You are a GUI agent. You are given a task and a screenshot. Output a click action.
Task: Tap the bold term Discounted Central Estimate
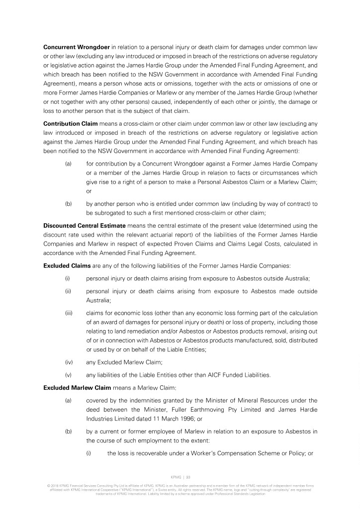pos(84,226)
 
